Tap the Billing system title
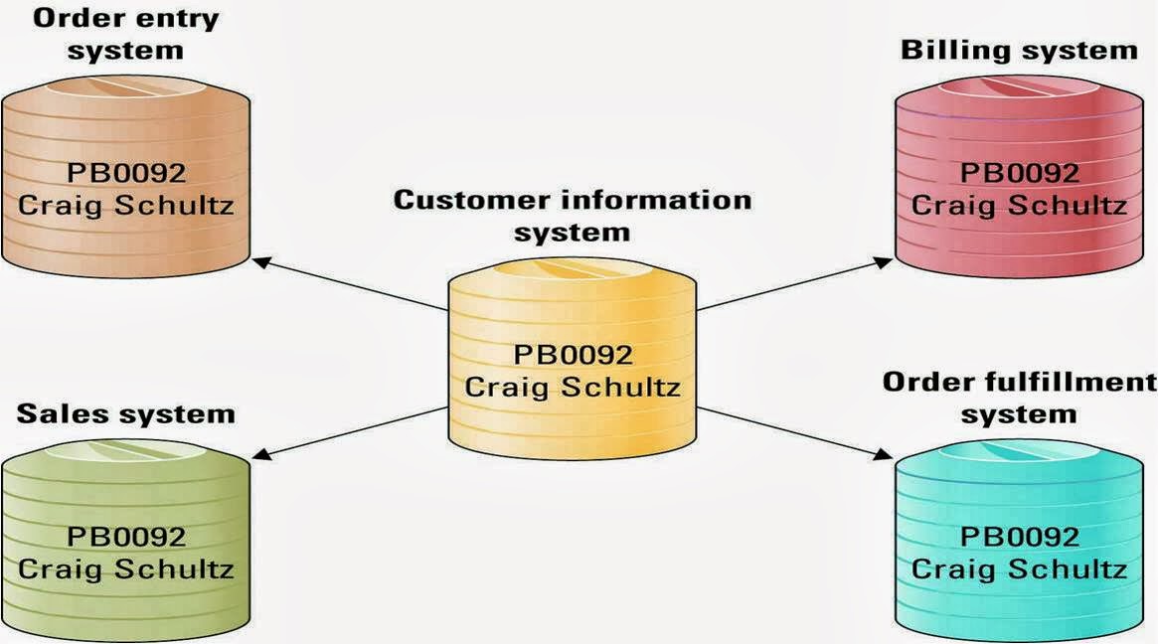pyautogui.click(x=1019, y=50)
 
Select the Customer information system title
pyautogui.click(x=573, y=216)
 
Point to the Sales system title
pyautogui.click(x=125, y=413)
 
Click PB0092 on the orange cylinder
pyautogui.click(x=125, y=173)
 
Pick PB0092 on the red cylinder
pyautogui.click(x=1019, y=172)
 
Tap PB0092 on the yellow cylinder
pyautogui.click(x=573, y=355)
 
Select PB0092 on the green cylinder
pyautogui.click(x=125, y=537)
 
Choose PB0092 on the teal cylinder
pyautogui.click(x=1019, y=537)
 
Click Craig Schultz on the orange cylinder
pyautogui.click(x=125, y=207)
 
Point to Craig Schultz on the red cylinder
pyautogui.click(x=1019, y=206)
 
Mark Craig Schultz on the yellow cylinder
pyautogui.click(x=573, y=387)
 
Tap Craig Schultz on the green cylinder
pyautogui.click(x=125, y=569)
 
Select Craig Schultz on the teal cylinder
pyautogui.click(x=1019, y=569)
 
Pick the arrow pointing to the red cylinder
pyautogui.click(x=795, y=284)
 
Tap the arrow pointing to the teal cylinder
pyautogui.click(x=795, y=432)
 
